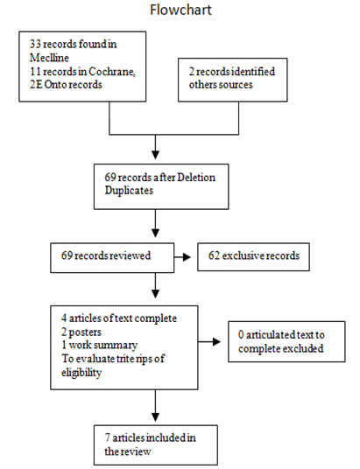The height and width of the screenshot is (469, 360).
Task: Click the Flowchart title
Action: click(x=180, y=10)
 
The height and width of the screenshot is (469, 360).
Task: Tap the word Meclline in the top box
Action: click(x=49, y=58)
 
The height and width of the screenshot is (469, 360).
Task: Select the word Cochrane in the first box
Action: click(x=112, y=72)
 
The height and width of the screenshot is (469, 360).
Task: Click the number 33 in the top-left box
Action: click(x=35, y=44)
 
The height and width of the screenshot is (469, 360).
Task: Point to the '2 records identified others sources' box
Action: click(x=233, y=80)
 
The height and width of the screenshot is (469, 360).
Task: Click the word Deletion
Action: click(x=196, y=178)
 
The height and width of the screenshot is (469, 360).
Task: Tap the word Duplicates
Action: click(x=129, y=191)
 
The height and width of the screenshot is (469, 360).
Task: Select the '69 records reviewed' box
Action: click(x=112, y=257)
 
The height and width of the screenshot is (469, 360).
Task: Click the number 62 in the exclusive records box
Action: click(x=214, y=255)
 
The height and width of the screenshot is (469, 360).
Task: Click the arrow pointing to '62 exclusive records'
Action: click(x=182, y=257)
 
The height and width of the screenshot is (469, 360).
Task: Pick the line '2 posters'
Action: click(x=81, y=332)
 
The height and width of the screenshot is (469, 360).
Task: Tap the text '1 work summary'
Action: click(x=100, y=345)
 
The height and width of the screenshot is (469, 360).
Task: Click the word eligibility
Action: click(x=81, y=373)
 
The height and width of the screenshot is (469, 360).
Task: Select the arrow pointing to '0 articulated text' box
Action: click(x=209, y=341)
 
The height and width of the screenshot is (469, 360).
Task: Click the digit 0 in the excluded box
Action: click(x=241, y=335)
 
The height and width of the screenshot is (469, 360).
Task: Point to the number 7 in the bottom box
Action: click(x=107, y=437)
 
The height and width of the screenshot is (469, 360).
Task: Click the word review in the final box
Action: click(x=138, y=451)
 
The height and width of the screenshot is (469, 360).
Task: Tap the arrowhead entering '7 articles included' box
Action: click(x=155, y=417)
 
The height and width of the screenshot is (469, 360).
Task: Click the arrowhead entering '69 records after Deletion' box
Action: click(x=155, y=155)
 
